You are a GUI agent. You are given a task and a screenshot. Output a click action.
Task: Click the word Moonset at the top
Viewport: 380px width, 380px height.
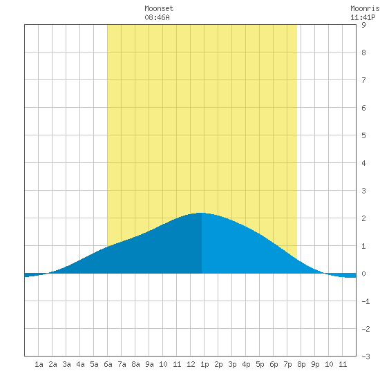(x=159, y=8)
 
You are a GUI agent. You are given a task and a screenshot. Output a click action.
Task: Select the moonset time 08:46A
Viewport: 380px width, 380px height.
(x=157, y=17)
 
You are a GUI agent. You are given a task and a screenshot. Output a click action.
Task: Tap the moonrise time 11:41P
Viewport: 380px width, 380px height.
(x=363, y=17)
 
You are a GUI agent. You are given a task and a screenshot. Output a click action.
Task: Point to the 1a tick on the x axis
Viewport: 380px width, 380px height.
(x=39, y=364)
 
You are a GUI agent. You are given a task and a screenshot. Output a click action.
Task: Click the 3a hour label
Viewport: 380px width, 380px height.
(x=66, y=364)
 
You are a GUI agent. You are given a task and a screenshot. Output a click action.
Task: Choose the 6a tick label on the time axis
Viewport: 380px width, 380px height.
(x=108, y=364)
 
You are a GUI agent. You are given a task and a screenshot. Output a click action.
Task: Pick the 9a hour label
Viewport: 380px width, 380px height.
(x=149, y=364)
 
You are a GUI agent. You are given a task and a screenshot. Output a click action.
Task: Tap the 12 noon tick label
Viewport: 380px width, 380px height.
(x=191, y=364)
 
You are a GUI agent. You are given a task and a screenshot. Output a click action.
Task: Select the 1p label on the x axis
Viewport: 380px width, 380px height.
(x=205, y=364)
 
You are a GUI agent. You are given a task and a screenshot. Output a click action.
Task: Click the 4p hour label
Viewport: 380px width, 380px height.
(x=246, y=364)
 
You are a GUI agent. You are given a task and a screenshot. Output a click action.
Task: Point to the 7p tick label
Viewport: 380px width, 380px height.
(x=287, y=364)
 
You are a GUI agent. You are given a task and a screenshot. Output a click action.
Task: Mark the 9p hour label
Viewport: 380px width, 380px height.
(x=315, y=364)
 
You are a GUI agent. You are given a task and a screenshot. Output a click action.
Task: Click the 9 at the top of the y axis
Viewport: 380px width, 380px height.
(x=363, y=25)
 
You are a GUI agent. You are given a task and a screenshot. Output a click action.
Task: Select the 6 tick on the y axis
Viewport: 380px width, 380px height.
(x=363, y=108)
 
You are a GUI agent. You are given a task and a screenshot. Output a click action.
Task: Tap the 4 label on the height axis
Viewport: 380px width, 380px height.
(x=363, y=163)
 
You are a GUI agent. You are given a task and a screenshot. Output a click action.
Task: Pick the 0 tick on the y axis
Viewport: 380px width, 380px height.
(x=363, y=274)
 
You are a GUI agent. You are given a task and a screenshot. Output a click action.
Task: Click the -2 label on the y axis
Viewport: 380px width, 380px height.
(x=365, y=329)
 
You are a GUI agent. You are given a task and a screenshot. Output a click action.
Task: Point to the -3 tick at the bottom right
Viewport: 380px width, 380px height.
(x=365, y=357)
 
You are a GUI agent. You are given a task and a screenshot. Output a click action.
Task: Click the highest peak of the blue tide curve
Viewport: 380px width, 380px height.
(x=201, y=213)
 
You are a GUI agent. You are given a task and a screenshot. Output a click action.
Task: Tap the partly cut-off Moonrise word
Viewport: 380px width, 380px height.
(x=365, y=8)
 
